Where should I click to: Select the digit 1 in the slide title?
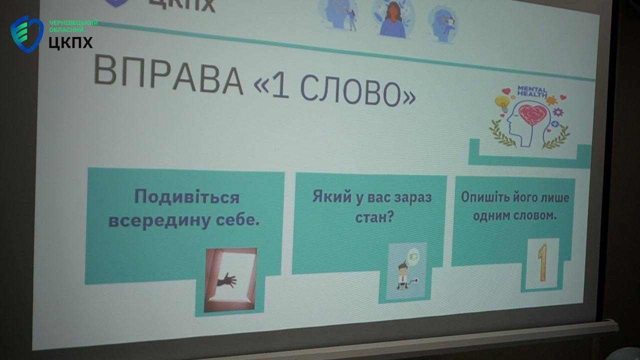tap(280, 86)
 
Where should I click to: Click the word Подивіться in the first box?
tap(187, 196)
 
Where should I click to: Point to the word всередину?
tap(159, 221)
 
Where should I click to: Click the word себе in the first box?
tap(237, 220)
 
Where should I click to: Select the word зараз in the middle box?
tap(412, 197)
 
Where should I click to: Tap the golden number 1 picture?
tap(542, 263)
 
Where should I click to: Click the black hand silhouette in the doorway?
tap(227, 280)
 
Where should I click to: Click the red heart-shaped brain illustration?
tap(533, 114)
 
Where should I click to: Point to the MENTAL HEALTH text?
tap(532, 91)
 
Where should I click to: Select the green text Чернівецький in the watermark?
tap(73, 22)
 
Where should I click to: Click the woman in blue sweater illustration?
tap(392, 20)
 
